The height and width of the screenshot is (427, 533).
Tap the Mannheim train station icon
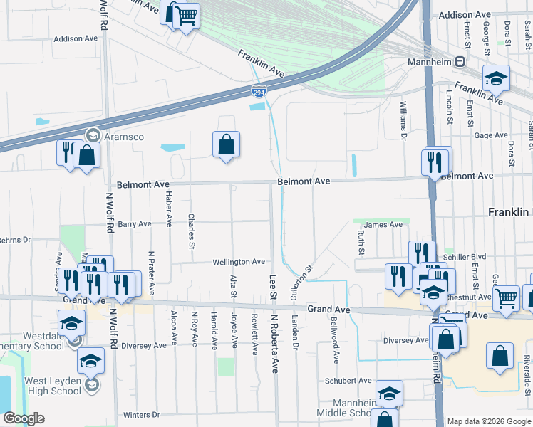point(460,62)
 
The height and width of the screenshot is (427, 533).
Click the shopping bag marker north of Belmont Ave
point(226,145)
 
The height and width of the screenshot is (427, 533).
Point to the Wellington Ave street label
point(238,262)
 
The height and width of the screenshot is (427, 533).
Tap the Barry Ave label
point(135,224)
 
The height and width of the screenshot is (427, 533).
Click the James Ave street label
point(383,225)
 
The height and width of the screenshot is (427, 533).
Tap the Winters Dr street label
point(141,415)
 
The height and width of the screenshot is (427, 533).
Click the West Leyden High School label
point(53,386)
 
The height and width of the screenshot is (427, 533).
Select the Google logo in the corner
point(24,418)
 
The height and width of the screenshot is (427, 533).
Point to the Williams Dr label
point(403,119)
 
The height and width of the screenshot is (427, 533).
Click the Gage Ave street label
point(490,135)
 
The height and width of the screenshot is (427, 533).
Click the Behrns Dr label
point(16,240)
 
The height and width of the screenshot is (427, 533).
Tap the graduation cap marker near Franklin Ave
point(496,78)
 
